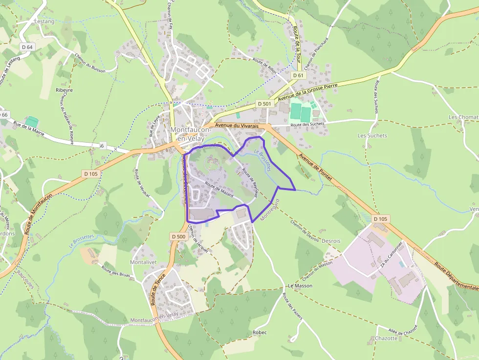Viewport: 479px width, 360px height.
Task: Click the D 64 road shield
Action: [x=27, y=47]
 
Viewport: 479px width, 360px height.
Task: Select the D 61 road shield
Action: [x=298, y=76]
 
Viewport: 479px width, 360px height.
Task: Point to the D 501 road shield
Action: [x=263, y=104]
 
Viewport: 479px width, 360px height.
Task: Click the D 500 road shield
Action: [x=179, y=236]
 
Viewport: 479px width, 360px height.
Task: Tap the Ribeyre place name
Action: [x=64, y=90]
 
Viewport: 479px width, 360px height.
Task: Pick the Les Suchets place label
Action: [x=372, y=135]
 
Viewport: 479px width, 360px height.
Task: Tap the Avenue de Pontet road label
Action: [x=315, y=168]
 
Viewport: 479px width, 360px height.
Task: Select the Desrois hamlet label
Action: [x=331, y=241]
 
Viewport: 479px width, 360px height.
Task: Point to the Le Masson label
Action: [x=300, y=285]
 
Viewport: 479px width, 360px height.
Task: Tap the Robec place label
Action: [x=260, y=332]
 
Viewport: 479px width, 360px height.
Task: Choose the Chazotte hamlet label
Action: [x=386, y=338]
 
